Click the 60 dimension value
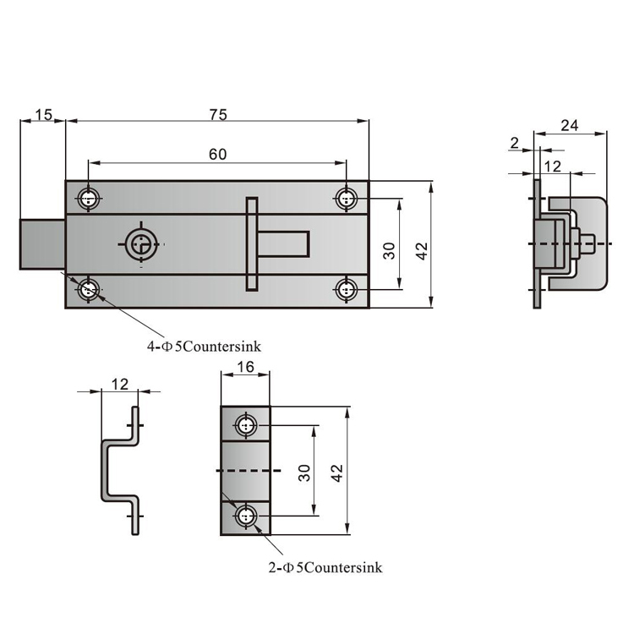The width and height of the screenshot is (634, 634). pyautogui.click(x=217, y=154)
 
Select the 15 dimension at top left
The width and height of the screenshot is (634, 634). pyautogui.click(x=43, y=114)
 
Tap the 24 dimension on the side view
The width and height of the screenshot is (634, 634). pyautogui.click(x=570, y=125)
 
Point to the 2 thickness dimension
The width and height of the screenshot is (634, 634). pyautogui.click(x=515, y=143)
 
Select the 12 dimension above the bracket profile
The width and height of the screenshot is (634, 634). pyautogui.click(x=119, y=384)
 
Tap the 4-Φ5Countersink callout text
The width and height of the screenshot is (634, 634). pyautogui.click(x=202, y=346)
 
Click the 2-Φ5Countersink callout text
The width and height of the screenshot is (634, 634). pyautogui.click(x=322, y=567)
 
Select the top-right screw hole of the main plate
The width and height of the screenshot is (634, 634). pyautogui.click(x=347, y=199)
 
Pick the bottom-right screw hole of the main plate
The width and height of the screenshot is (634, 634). pyautogui.click(x=347, y=290)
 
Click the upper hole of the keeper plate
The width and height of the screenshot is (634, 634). pyautogui.click(x=246, y=424)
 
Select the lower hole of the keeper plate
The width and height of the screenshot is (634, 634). pyautogui.click(x=246, y=515)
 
